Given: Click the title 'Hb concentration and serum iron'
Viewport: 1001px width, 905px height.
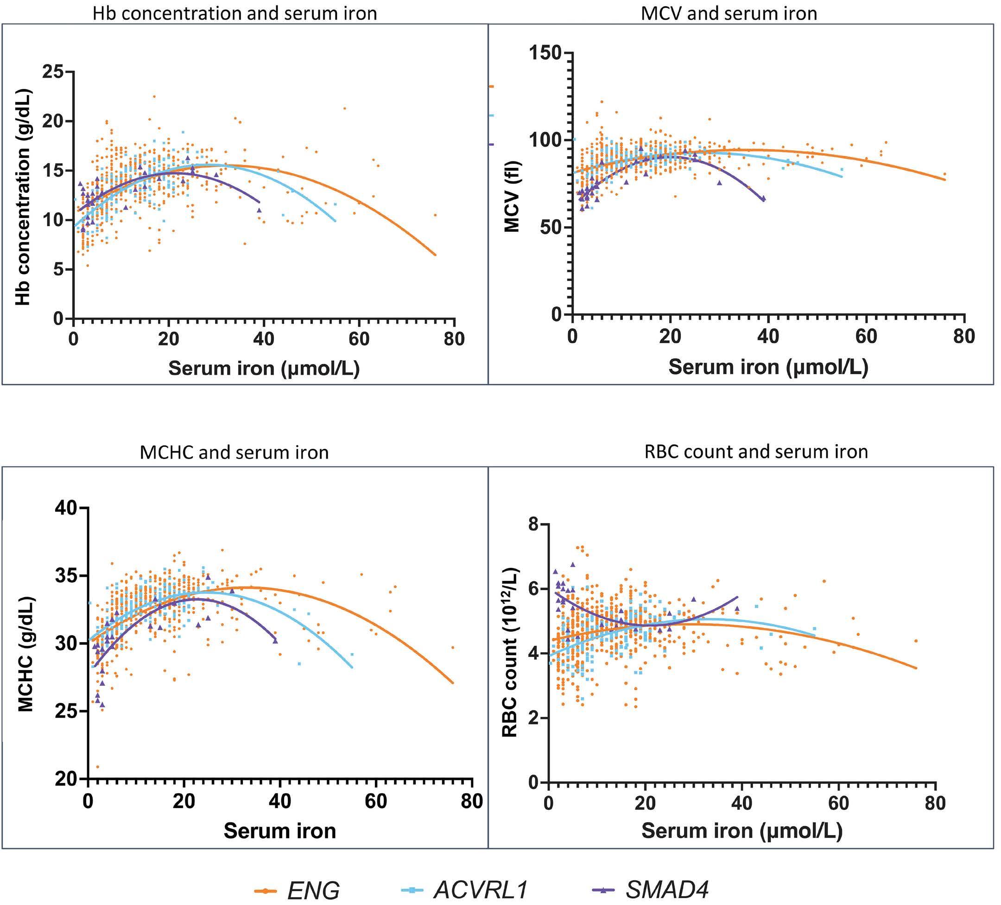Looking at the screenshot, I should pos(234,13).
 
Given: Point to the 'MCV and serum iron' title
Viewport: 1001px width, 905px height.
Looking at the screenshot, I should pos(729,13).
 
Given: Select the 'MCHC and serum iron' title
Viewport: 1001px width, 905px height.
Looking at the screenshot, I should pos(234,452).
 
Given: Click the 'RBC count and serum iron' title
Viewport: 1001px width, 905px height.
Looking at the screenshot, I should pos(756,452).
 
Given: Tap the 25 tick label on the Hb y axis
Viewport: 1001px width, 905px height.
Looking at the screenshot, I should pos(53,72).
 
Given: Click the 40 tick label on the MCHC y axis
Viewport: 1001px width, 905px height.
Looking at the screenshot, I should pos(67,508).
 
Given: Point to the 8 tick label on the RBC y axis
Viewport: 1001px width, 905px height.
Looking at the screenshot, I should pos(533,524).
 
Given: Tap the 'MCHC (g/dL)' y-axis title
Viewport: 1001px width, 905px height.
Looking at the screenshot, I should pos(26,654).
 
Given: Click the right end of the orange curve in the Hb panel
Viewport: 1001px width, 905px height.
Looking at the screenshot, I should pos(436,255).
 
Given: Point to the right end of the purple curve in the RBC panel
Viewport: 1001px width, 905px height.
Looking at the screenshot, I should pos(738,597).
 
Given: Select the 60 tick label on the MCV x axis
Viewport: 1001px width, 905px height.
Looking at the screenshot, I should pos(866,337).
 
